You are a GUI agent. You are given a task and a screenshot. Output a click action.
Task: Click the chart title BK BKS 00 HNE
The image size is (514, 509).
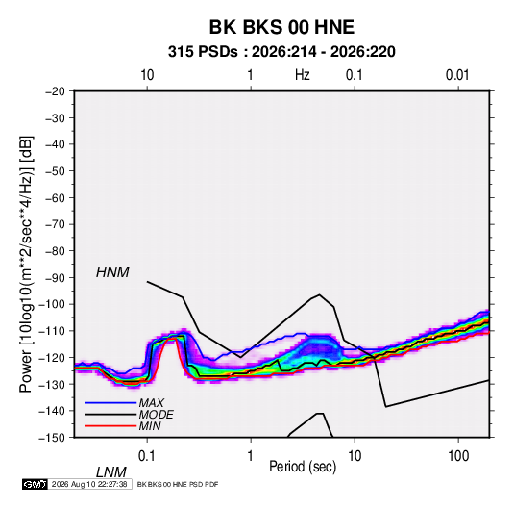281,27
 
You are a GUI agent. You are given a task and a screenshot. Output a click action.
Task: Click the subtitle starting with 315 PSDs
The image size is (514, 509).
281,52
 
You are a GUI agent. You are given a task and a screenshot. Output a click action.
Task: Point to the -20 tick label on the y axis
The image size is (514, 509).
55,91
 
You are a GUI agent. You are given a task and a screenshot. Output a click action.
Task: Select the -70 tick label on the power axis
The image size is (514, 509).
55,224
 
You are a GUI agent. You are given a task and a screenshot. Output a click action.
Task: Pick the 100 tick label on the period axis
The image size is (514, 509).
458,456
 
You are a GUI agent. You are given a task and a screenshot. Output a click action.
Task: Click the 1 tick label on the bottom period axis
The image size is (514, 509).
251,456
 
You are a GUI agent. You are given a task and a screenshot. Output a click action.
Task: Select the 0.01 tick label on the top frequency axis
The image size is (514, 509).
457,75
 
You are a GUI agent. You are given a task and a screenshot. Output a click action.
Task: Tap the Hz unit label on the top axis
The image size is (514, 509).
303,75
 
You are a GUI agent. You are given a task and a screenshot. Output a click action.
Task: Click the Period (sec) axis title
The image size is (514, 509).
303,467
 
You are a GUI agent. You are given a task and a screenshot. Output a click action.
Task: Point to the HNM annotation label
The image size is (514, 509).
112,272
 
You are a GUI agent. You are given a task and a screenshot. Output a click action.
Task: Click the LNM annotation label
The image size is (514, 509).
110,472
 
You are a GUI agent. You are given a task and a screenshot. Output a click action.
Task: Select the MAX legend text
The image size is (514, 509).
151,403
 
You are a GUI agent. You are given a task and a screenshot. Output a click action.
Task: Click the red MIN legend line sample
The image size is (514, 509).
110,426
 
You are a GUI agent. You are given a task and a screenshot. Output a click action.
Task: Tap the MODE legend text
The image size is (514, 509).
156,415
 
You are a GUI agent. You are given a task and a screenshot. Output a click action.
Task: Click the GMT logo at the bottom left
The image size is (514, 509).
35,484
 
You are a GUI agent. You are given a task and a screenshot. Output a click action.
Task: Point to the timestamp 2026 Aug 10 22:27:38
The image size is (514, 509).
89,484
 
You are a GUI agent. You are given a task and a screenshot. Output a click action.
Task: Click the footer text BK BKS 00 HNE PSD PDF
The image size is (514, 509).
178,484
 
